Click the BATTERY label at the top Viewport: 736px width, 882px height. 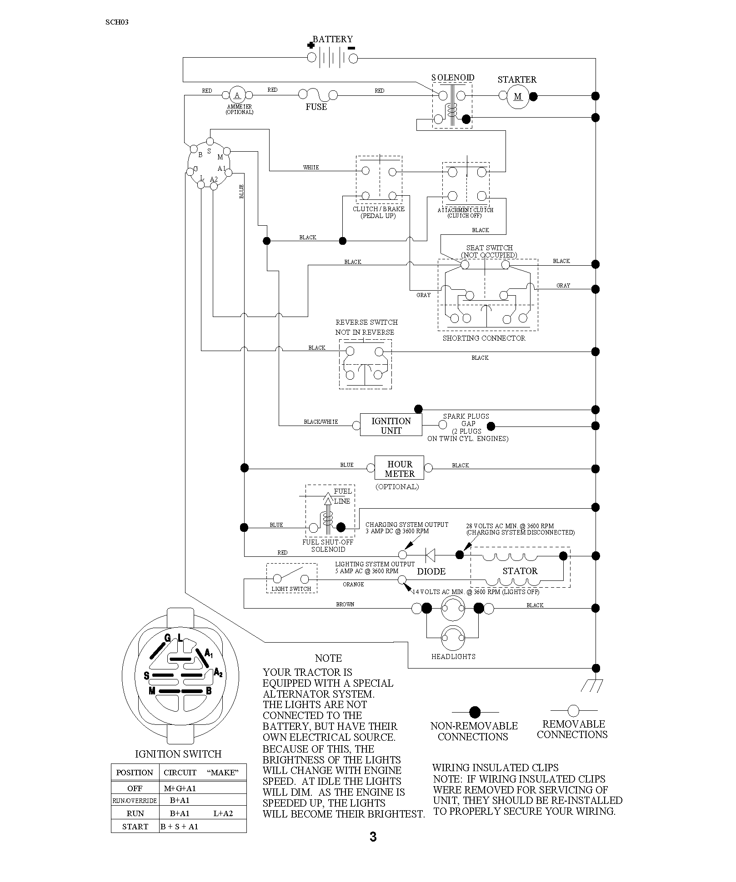pos(332,40)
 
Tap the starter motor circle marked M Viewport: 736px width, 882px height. pos(518,96)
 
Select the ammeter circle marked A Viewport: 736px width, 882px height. pos(237,95)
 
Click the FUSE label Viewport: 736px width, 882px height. pos(316,107)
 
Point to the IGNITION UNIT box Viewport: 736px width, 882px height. pos(391,425)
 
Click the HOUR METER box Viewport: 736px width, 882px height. pos(399,468)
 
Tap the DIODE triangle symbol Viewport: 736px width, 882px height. pos(430,555)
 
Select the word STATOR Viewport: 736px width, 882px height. pos(520,571)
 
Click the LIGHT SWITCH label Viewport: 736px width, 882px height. pos(291,589)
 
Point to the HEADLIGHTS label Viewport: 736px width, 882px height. pos(453,657)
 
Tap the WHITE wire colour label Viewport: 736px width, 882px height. pos(311,168)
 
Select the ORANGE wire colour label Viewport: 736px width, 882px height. pos(353,585)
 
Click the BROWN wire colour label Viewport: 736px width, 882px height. pos(345,605)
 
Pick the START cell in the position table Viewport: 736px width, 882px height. pos(135,827)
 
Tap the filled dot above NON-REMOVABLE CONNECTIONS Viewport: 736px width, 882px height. pos(475,711)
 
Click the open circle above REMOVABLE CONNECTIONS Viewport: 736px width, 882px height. pos(574,710)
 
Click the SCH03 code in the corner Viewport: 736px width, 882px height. pos(117,22)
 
